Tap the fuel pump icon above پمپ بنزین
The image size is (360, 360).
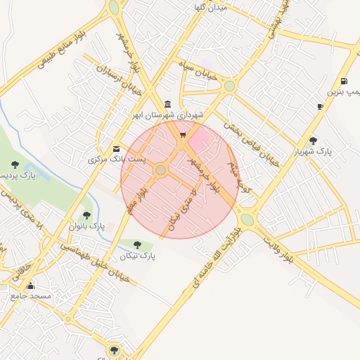click(343, 82)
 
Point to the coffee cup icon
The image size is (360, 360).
click(321, 106)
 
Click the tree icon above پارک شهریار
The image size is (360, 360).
click(314, 140)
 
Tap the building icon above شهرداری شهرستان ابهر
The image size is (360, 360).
click(167, 103)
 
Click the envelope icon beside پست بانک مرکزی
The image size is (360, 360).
click(116, 149)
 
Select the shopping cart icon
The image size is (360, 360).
click(183, 135)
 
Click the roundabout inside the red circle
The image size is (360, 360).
click(161, 170)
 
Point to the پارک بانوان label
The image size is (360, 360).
click(86, 227)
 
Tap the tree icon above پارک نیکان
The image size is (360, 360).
click(137, 245)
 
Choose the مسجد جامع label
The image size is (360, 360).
click(30, 296)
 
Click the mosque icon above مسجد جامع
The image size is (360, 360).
click(30, 285)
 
